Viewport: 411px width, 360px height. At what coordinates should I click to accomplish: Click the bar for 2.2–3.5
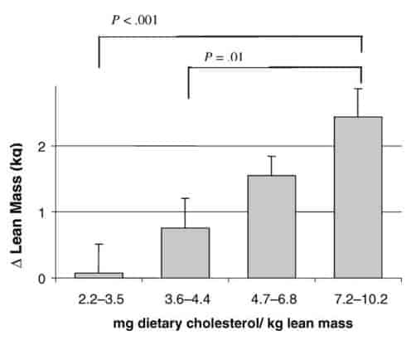[x=99, y=275]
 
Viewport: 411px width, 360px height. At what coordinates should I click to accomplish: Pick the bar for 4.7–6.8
[x=272, y=226]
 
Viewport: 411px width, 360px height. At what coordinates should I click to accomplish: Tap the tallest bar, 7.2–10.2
[x=358, y=197]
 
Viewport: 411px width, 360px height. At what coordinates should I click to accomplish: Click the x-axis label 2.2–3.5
[x=99, y=294]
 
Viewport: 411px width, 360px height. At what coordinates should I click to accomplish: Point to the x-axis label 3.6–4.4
[x=185, y=294]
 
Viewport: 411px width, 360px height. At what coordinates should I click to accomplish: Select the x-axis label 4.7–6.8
[x=272, y=294]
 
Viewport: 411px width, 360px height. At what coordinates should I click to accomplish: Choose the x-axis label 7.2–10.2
[x=358, y=294]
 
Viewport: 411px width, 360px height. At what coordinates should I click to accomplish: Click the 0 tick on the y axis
[x=44, y=279]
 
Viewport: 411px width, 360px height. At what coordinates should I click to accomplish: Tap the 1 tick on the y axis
[x=44, y=212]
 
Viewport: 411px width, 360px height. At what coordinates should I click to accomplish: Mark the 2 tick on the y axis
[x=44, y=147]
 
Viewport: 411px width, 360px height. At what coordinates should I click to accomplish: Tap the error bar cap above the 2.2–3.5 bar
[x=99, y=244]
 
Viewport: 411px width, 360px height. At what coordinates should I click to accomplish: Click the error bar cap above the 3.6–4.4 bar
[x=185, y=198]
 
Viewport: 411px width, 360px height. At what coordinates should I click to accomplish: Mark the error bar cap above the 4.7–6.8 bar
[x=272, y=156]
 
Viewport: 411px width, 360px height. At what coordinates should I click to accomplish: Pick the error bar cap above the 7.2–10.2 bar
[x=358, y=89]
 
